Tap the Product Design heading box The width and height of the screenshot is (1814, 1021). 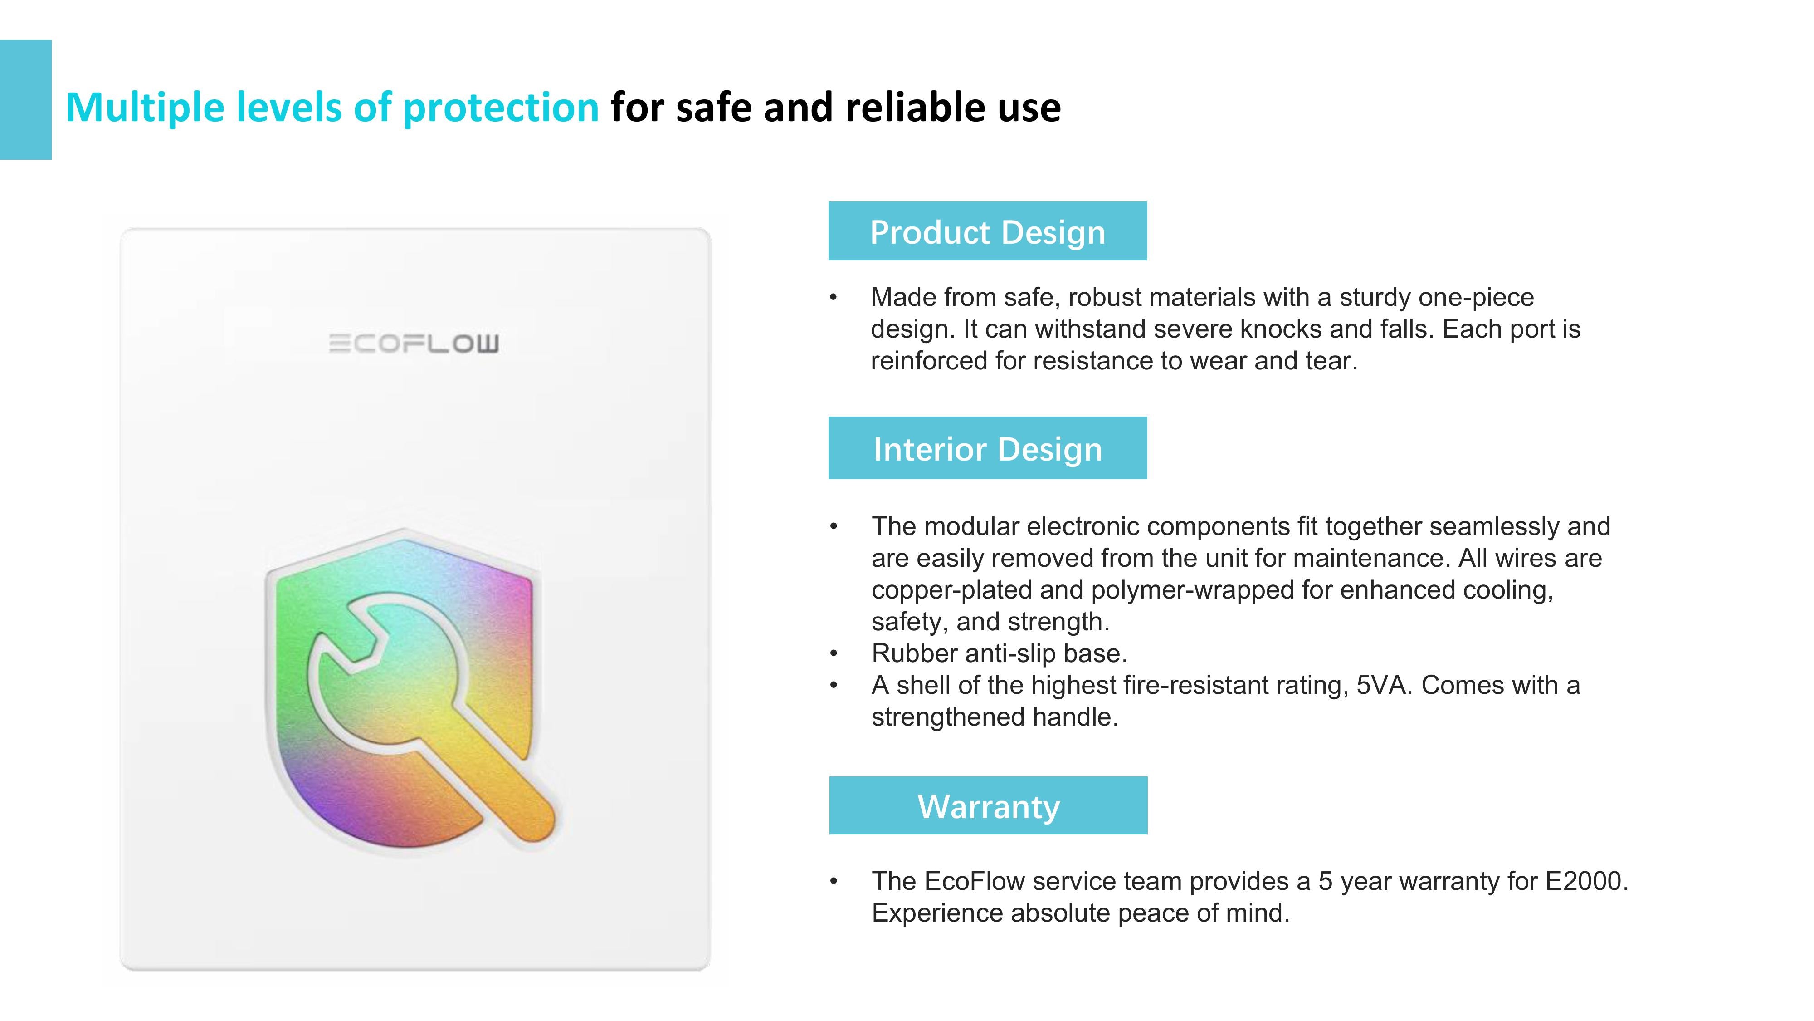(x=987, y=231)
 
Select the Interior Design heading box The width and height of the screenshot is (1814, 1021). (x=987, y=448)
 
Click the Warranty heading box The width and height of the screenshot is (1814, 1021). (x=988, y=805)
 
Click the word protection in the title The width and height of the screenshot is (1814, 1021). (x=501, y=108)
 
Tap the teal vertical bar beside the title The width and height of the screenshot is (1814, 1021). (x=25, y=99)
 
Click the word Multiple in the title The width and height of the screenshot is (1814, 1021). (x=145, y=108)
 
